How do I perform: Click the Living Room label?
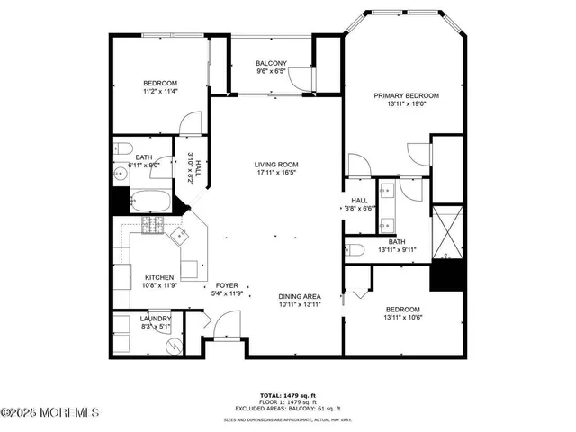pyautogui.click(x=275, y=165)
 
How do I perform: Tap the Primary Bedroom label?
pyautogui.click(x=406, y=95)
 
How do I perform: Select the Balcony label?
pyautogui.click(x=271, y=63)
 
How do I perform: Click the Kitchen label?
pyautogui.click(x=158, y=277)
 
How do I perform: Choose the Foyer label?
pyautogui.click(x=226, y=285)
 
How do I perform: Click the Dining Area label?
pyautogui.click(x=300, y=296)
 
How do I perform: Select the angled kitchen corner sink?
pyautogui.click(x=178, y=235)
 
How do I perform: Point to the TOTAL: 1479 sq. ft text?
pyautogui.click(x=282, y=395)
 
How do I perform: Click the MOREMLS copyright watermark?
pyautogui.click(x=50, y=413)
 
